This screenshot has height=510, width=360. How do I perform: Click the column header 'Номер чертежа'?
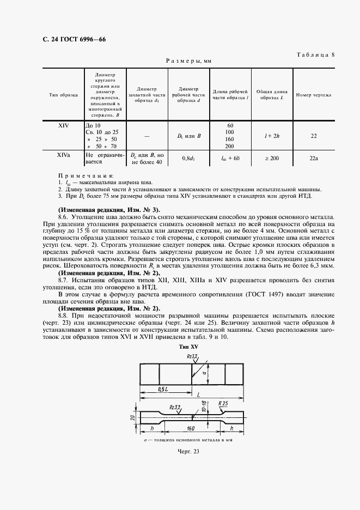[314, 95]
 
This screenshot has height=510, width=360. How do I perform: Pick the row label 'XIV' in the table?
[63, 125]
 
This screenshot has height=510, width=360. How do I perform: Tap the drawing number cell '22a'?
[314, 158]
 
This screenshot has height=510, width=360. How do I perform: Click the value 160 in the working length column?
[229, 139]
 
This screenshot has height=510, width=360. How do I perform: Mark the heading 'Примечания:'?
[86, 176]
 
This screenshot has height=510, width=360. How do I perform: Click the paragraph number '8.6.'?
[65, 216]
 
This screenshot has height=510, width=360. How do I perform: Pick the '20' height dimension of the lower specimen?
[134, 418]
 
